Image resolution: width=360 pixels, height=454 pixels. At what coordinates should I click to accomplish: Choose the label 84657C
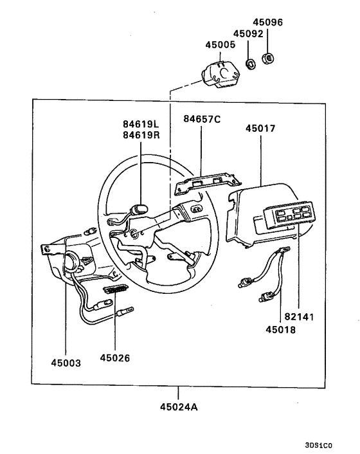point(201,119)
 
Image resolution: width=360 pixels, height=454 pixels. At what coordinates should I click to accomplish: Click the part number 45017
point(260,129)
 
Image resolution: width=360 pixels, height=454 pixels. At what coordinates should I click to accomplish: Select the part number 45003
point(66,363)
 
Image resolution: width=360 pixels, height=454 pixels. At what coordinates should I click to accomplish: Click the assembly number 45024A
point(179,406)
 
